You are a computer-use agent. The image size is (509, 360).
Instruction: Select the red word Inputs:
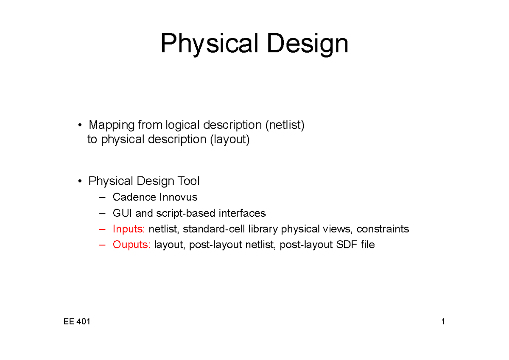(129, 229)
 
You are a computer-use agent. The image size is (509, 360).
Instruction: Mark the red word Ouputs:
(132, 245)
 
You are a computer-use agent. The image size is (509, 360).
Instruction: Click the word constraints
(383, 229)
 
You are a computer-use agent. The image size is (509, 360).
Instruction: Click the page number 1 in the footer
(443, 322)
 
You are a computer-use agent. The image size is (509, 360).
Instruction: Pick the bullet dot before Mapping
(80, 126)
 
